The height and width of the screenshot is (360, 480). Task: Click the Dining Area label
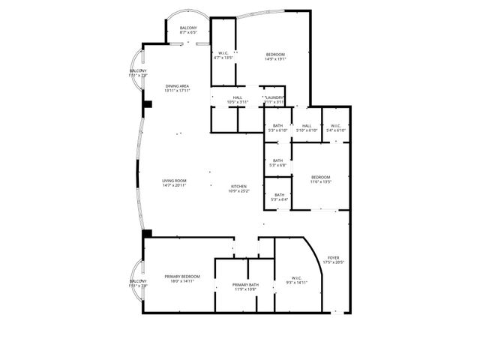(178, 86)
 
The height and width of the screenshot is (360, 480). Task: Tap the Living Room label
(174, 181)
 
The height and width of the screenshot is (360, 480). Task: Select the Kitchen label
(238, 186)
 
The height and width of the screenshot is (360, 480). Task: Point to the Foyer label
(333, 257)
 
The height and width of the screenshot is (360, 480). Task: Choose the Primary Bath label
(245, 284)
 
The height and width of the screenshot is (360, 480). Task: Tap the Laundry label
(273, 97)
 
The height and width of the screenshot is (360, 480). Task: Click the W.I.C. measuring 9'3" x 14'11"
(297, 278)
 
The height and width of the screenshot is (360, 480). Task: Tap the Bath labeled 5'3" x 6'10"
(277, 126)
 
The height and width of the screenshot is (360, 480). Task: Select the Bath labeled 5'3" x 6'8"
(277, 160)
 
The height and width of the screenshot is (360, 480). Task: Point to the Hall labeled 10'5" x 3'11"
(237, 97)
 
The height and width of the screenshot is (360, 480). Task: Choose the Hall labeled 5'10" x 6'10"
(307, 126)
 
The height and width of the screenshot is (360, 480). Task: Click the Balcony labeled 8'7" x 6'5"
(187, 28)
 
